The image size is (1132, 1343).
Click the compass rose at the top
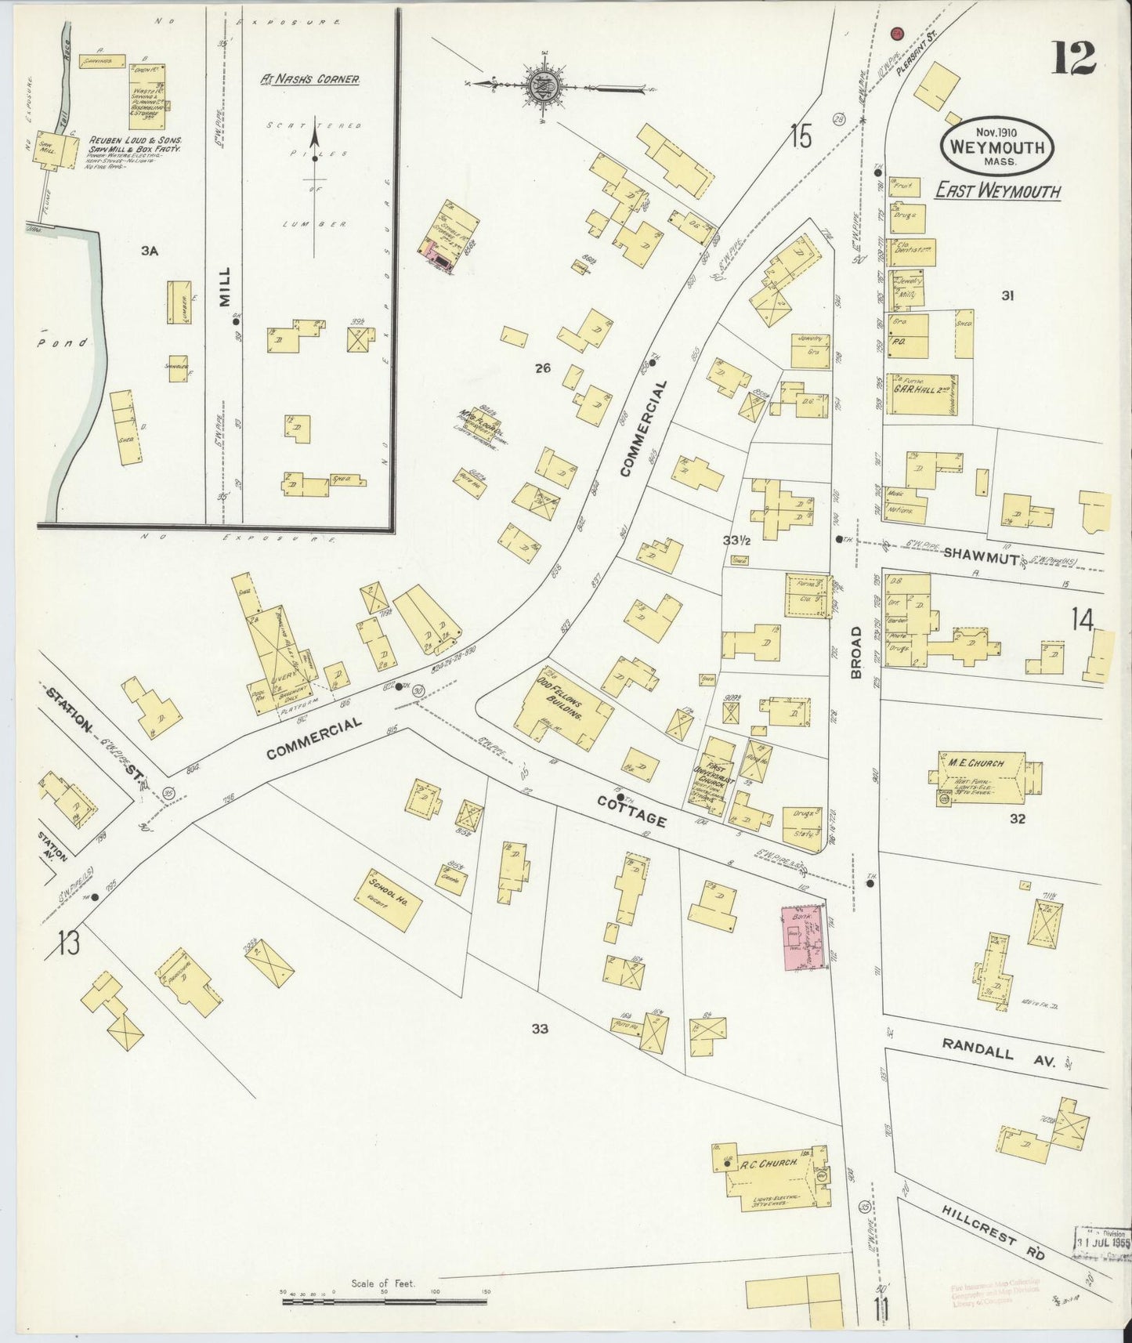tap(541, 86)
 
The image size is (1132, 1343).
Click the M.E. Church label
tap(982, 762)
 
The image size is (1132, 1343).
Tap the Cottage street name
tap(631, 811)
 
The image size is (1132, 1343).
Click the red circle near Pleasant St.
tap(898, 34)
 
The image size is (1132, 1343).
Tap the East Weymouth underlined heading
tap(997, 191)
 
